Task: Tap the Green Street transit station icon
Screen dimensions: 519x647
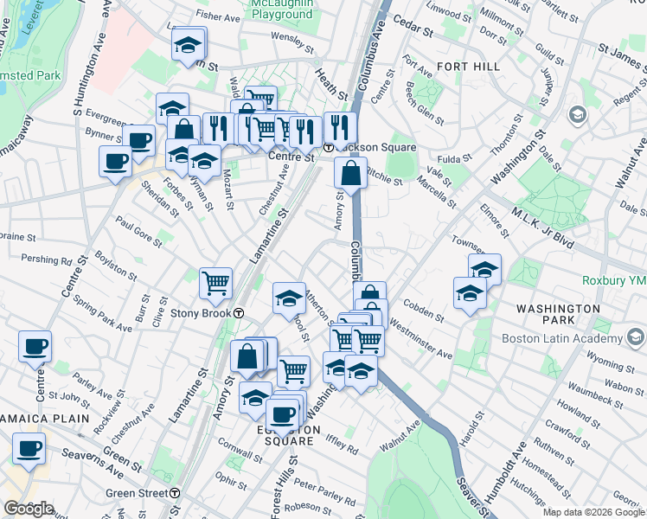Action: tap(175, 493)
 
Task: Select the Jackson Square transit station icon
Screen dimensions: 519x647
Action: tap(330, 148)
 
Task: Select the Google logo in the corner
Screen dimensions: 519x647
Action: tap(29, 508)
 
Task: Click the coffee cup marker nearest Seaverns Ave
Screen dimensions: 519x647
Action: tap(29, 449)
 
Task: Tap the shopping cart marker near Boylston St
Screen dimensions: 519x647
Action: tap(215, 281)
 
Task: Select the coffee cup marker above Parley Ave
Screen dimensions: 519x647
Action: tap(35, 346)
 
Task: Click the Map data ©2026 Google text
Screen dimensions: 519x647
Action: tap(593, 512)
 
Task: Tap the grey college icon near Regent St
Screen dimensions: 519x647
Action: tap(578, 115)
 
